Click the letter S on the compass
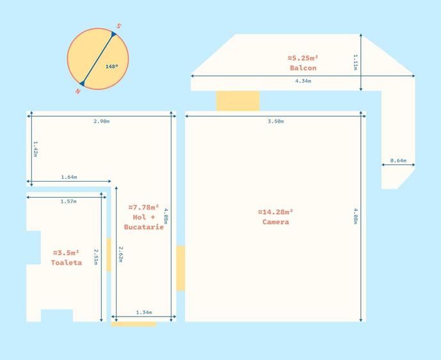click(118, 26)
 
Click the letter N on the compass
click(77, 91)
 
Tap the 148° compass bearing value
click(111, 67)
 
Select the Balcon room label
click(303, 68)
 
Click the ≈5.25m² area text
click(303, 58)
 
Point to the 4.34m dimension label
click(303, 81)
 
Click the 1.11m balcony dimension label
click(355, 62)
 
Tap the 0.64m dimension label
click(398, 160)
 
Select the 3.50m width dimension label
click(276, 121)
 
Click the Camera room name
click(276, 222)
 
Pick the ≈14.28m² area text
click(276, 212)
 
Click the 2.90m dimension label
click(102, 121)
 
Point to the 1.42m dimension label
click(35, 149)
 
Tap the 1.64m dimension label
click(69, 177)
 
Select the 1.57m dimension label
click(68, 201)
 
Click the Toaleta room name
click(67, 263)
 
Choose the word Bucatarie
click(144, 227)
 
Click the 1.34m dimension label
click(144, 313)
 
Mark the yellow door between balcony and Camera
click(237, 100)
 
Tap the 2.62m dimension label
click(120, 254)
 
